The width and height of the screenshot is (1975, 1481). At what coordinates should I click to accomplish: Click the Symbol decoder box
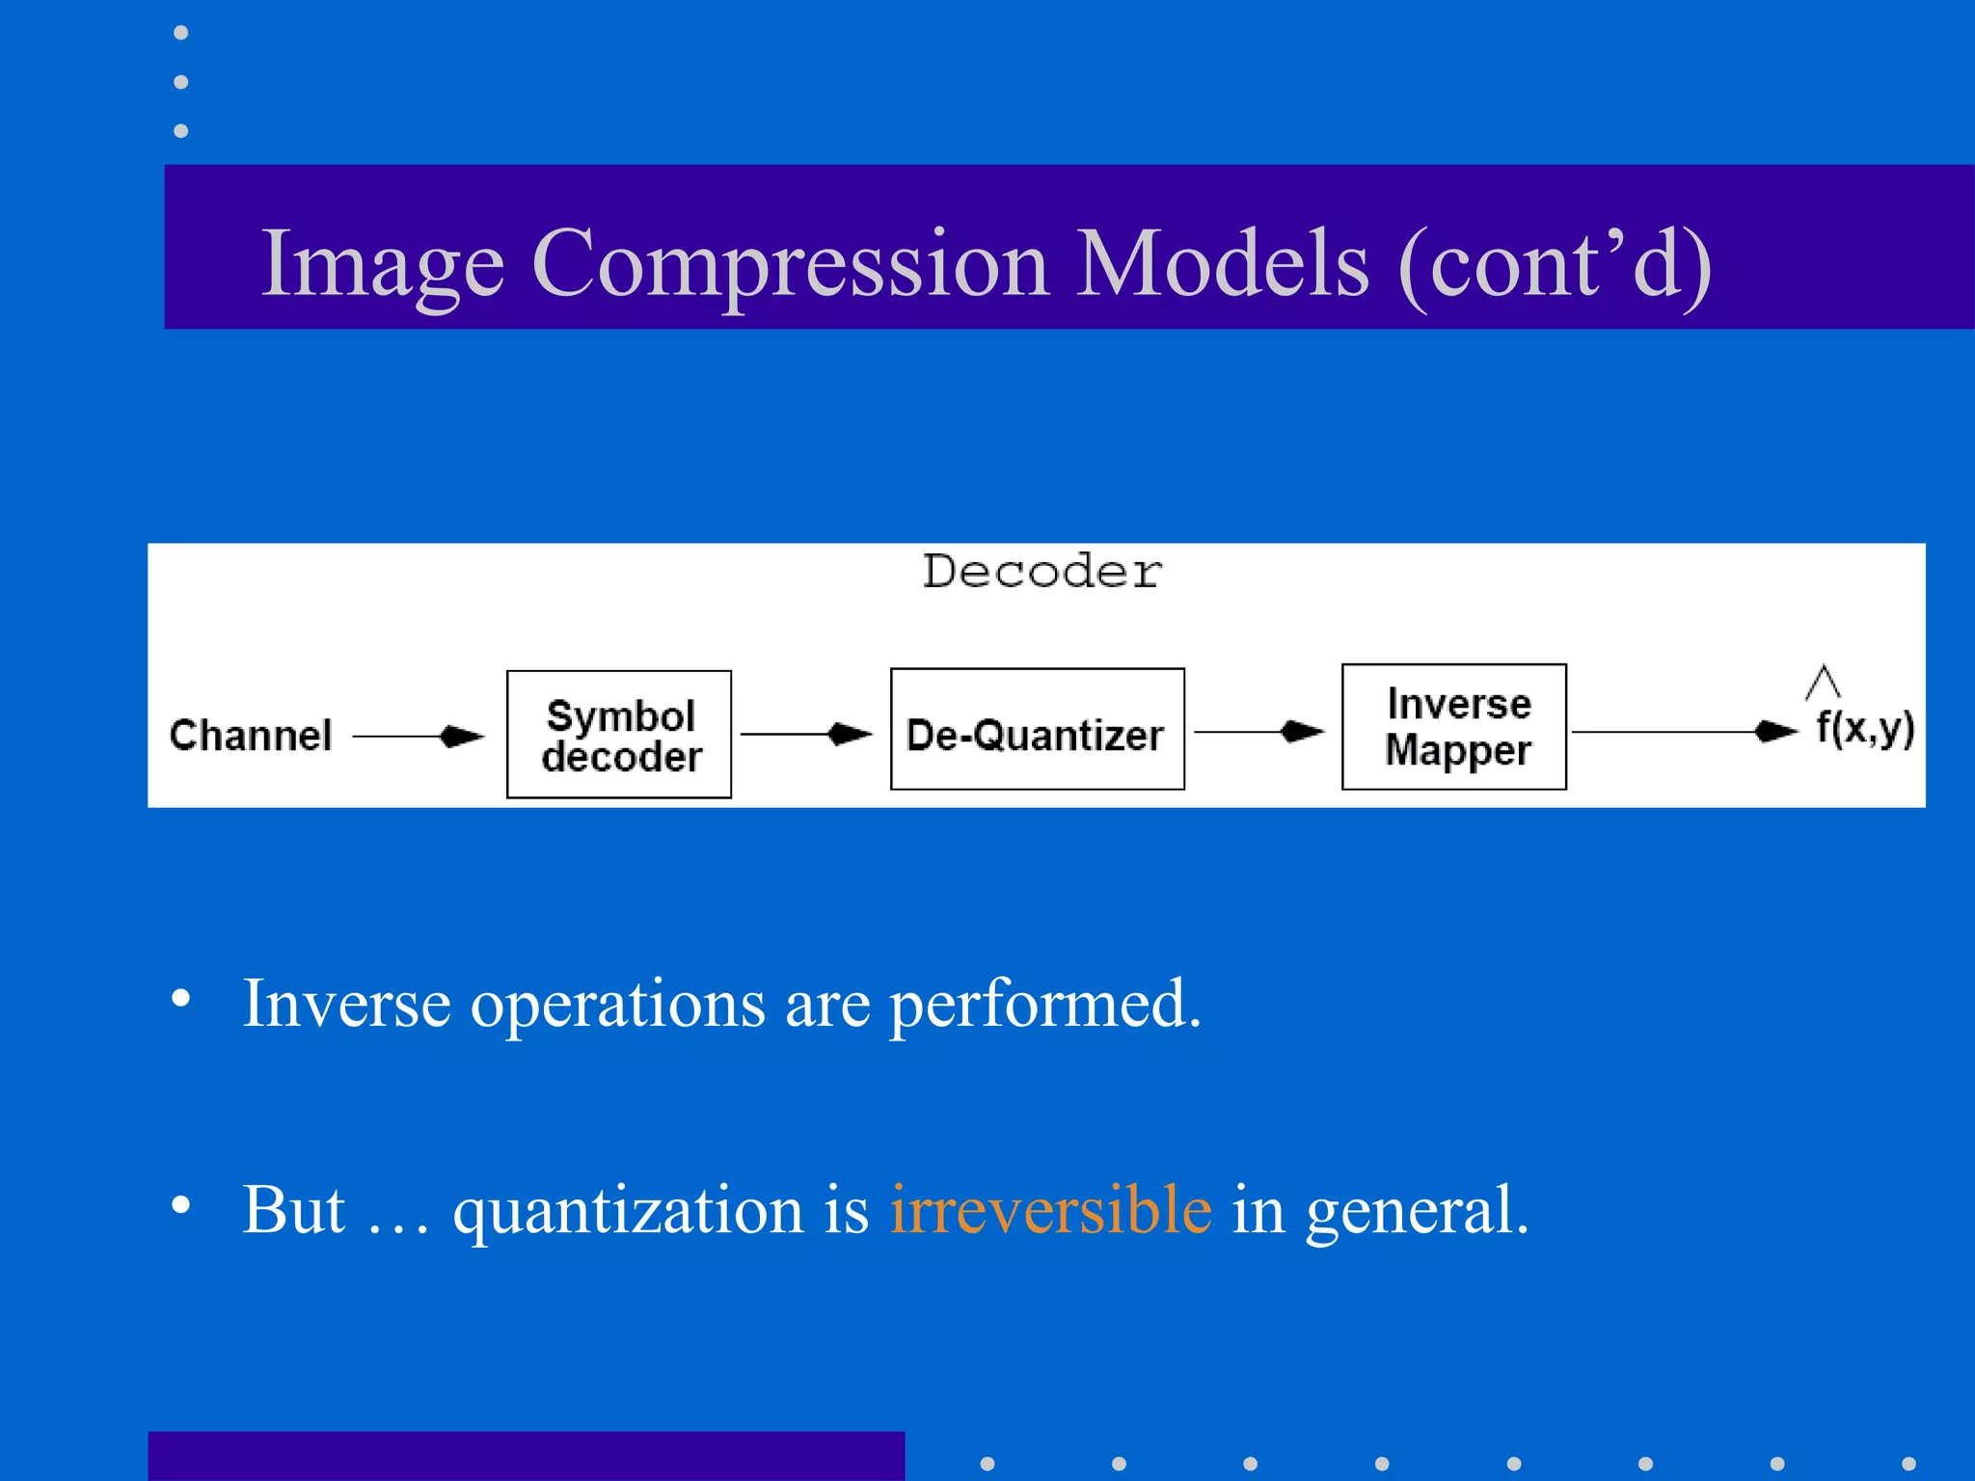[x=619, y=735]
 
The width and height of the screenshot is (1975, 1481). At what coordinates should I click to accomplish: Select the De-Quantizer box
[x=1037, y=730]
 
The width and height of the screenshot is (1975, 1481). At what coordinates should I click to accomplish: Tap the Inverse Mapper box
[x=1453, y=727]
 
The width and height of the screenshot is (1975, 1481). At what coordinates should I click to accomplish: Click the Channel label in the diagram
[x=251, y=736]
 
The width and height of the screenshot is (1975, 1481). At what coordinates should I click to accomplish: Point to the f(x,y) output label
[x=1864, y=728]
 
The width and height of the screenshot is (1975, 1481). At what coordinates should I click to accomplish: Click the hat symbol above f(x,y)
[x=1823, y=681]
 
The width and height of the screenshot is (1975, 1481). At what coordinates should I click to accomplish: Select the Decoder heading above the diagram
[x=1042, y=572]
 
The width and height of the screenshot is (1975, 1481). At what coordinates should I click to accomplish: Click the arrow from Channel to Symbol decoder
[x=418, y=737]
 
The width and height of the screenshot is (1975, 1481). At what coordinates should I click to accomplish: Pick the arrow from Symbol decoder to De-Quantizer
[x=806, y=735]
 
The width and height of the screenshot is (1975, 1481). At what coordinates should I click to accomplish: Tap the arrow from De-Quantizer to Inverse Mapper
[x=1259, y=733]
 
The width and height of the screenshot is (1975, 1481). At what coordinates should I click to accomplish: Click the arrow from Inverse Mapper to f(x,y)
[x=1684, y=732]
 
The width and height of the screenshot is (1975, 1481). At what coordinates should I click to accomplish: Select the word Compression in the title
[x=790, y=264]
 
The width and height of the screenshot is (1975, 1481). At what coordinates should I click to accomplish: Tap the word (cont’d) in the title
[x=1555, y=264]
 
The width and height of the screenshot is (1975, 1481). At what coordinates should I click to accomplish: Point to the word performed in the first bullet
[x=1044, y=1005]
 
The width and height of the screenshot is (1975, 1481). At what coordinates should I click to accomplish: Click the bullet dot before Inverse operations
[x=180, y=998]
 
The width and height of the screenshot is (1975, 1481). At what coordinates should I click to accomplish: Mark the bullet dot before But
[x=180, y=1204]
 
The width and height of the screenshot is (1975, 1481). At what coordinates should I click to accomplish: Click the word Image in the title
[x=383, y=264]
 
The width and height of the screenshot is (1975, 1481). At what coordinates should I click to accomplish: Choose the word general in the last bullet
[x=1416, y=1211]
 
